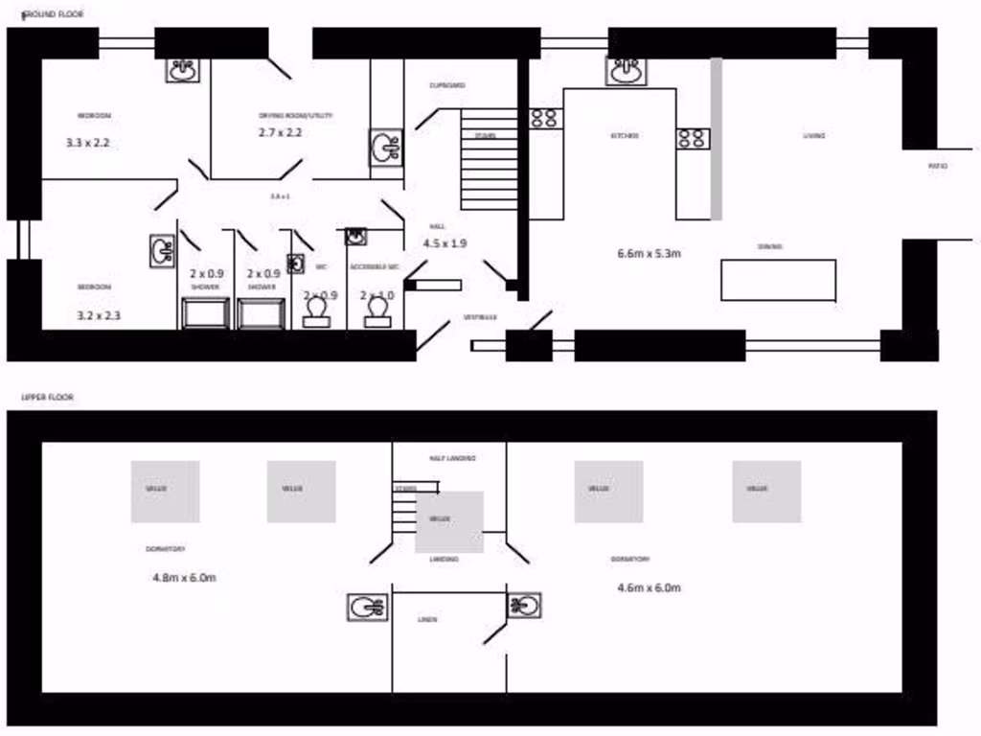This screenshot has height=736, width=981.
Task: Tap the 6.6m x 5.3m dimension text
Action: (650, 254)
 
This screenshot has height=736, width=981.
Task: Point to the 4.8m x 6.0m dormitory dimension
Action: (184, 578)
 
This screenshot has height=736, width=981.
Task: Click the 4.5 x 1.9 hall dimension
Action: (445, 243)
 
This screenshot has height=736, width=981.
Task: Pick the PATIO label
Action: (938, 167)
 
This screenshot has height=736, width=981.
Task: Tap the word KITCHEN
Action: (625, 136)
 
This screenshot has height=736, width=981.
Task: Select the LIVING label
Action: (814, 136)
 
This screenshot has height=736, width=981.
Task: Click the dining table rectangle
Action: (778, 280)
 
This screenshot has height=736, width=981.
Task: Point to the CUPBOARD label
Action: (447, 85)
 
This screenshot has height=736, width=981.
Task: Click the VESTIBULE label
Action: (480, 316)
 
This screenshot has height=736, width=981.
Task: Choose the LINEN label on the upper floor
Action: (427, 620)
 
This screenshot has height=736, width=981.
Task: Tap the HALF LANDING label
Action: (452, 458)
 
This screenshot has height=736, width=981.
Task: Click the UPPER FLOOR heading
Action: (48, 397)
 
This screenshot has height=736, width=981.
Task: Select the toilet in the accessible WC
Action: (377, 310)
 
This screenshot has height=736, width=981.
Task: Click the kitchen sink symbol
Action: (627, 71)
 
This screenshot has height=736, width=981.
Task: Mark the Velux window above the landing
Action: (449, 521)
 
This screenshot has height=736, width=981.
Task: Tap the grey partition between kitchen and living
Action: (716, 138)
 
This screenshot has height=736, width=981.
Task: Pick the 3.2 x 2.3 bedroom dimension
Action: (99, 314)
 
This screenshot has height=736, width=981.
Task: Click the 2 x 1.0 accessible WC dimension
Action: (376, 296)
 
